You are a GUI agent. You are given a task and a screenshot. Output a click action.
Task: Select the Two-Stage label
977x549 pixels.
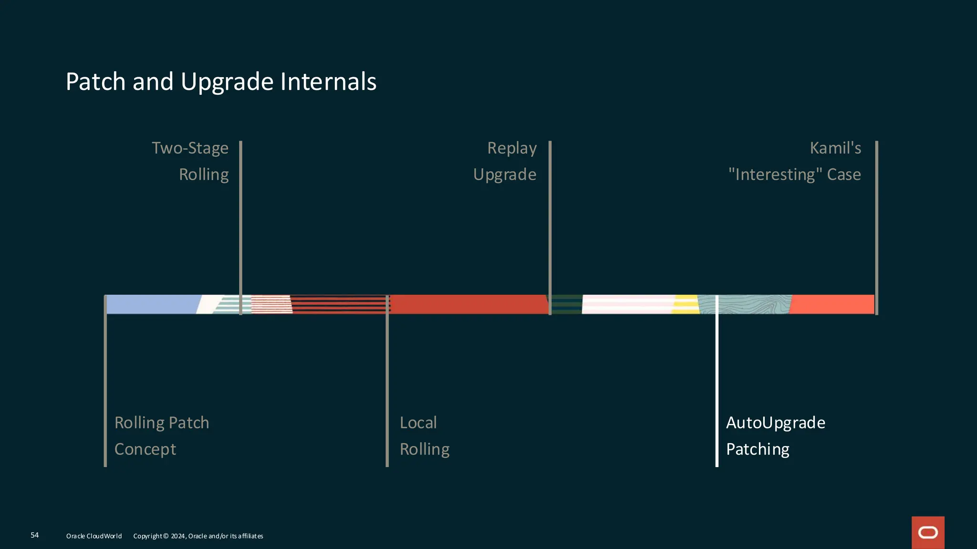[x=190, y=148]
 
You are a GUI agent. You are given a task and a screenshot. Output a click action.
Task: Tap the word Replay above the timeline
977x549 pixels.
[x=512, y=148]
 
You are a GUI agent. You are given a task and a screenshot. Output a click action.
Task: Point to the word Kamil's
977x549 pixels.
[x=835, y=148]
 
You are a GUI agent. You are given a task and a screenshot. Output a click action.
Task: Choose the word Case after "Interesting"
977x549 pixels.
[x=844, y=174]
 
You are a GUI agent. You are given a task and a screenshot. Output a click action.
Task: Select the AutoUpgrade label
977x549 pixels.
[x=776, y=423]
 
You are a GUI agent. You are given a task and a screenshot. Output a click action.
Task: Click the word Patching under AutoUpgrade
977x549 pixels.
[x=758, y=449]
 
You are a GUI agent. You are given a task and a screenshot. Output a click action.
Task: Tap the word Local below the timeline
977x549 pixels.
[x=418, y=423]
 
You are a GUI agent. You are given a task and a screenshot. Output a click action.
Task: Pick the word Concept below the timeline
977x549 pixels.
[x=146, y=449]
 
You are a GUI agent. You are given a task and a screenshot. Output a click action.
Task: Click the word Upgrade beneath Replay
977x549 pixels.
[x=505, y=175]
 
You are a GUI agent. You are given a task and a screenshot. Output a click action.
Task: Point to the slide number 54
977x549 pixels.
[x=35, y=535]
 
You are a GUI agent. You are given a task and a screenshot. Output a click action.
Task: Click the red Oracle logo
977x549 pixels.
[x=928, y=532]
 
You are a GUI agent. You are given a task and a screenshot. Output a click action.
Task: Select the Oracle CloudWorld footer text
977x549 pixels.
[x=94, y=536]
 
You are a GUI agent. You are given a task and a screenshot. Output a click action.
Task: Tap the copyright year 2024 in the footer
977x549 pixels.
[x=178, y=536]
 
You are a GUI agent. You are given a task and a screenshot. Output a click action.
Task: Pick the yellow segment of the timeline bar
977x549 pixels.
[x=686, y=305]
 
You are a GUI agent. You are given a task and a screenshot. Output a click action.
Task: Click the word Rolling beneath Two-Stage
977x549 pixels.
[x=204, y=174]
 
